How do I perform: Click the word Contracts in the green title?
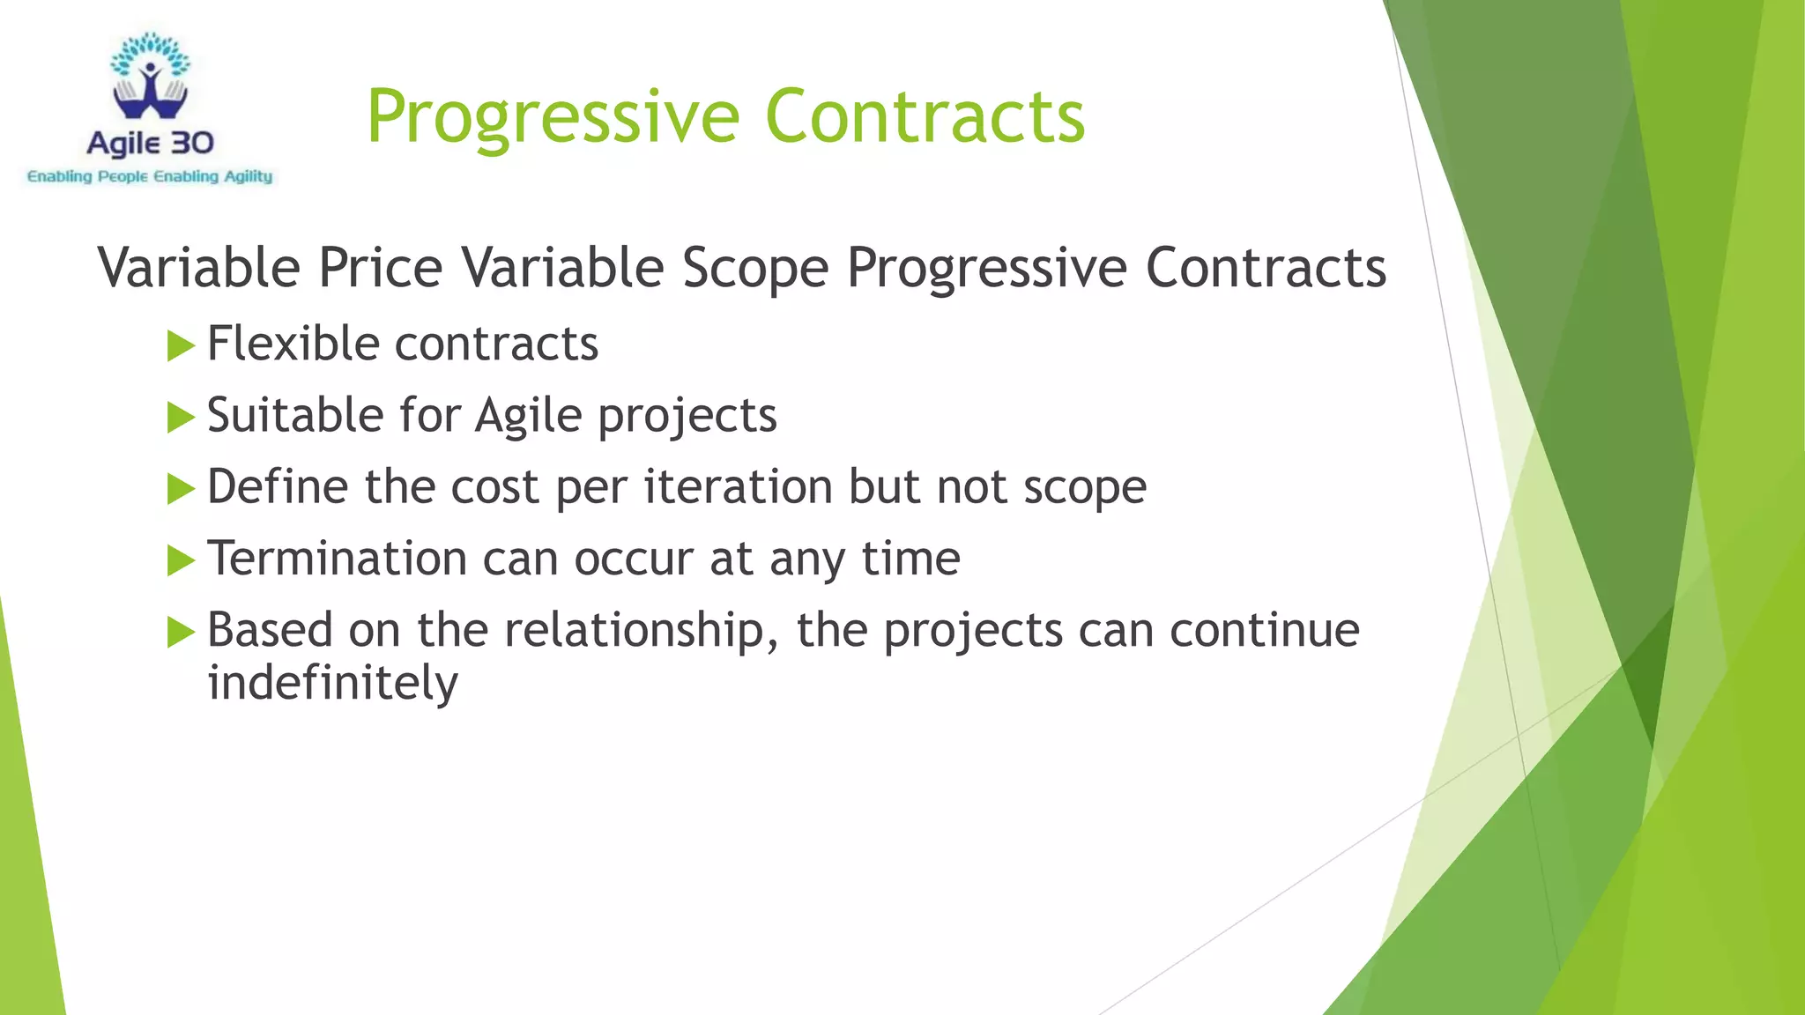tap(925, 117)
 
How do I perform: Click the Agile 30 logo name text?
tap(151, 143)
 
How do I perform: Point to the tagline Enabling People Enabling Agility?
tap(150, 177)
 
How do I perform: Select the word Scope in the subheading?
tap(755, 268)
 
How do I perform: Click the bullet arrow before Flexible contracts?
tap(180, 345)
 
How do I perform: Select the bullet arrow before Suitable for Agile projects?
tap(180, 418)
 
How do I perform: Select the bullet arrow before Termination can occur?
tap(180, 560)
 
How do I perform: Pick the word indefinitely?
tap(332, 683)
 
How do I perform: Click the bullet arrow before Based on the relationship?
tap(180, 632)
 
